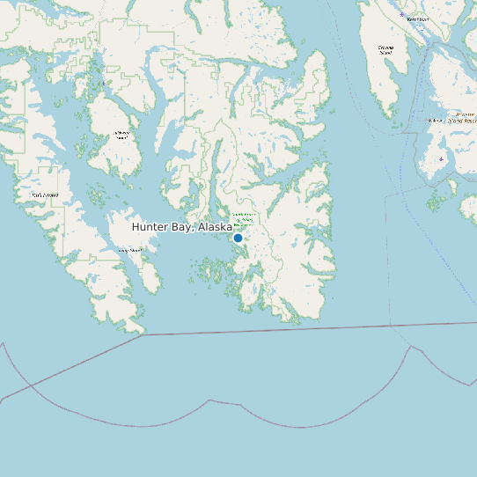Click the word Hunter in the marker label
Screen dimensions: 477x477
point(150,227)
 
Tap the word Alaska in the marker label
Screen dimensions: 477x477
point(215,227)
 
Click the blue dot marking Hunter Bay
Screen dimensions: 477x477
point(238,238)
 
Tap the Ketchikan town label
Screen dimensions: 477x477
point(417,18)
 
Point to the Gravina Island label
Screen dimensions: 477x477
point(385,49)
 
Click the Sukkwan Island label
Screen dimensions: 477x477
point(121,135)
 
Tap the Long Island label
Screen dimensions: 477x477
point(130,251)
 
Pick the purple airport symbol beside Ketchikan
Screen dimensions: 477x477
point(402,15)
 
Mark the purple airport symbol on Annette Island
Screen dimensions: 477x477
point(441,159)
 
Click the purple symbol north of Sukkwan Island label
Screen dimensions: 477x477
point(103,83)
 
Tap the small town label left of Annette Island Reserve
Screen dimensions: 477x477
point(435,120)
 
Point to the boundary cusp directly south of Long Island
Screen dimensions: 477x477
point(209,401)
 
